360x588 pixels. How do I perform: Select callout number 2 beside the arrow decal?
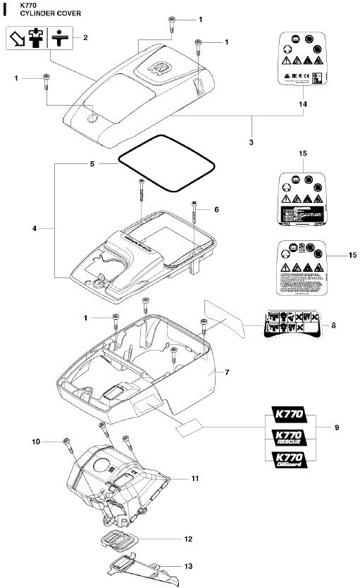(x=85, y=37)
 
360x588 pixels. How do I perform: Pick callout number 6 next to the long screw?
(x=217, y=210)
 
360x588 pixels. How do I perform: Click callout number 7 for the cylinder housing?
(x=227, y=371)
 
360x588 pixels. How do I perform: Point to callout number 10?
(x=35, y=442)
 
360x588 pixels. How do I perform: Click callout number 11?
(x=195, y=478)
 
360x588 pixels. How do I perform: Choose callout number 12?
(x=188, y=539)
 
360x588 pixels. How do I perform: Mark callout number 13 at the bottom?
(x=188, y=565)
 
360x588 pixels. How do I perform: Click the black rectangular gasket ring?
(x=166, y=169)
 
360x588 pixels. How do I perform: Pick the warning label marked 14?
(x=304, y=61)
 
